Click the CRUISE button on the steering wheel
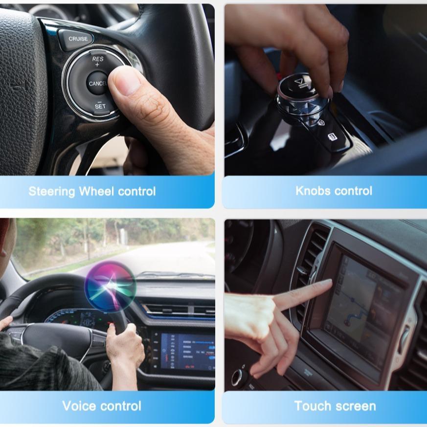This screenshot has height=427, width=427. click(78, 39)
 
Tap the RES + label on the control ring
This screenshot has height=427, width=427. click(97, 61)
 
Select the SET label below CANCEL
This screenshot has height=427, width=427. click(100, 106)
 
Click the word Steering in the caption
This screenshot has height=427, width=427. click(52, 191)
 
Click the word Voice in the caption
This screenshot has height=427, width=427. click(79, 405)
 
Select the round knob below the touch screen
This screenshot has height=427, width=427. click(240, 377)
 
